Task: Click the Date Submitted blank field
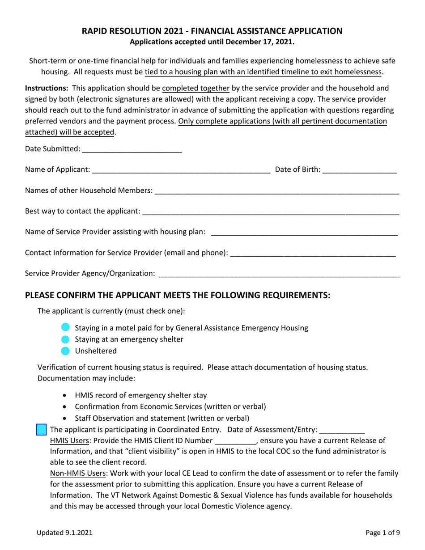tap(132, 149)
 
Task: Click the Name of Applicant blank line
tap(181, 169)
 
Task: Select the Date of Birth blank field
tap(359, 169)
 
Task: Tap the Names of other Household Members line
tap(276, 190)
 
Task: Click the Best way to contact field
tap(270, 211)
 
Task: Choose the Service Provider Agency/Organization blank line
tap(279, 273)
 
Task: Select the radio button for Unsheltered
tap(65, 351)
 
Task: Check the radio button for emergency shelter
tap(65, 339)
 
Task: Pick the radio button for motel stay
tap(65, 328)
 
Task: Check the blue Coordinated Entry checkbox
tap(41, 430)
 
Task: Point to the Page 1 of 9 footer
tap(382, 533)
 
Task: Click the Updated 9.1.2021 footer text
tap(65, 533)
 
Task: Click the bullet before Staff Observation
tap(66, 419)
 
